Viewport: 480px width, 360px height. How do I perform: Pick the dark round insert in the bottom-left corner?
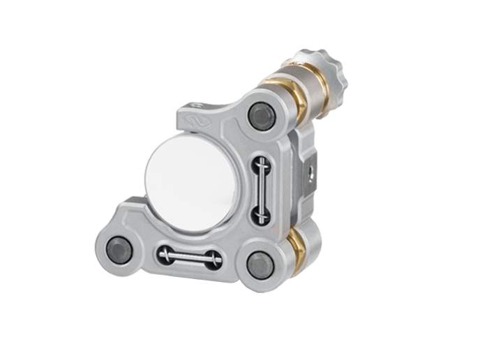click(119, 249)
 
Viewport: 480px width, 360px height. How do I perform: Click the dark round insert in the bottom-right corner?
click(260, 266)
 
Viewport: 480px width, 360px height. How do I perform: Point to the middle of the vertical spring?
click(260, 190)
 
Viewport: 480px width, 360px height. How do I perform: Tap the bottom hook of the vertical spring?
click(261, 218)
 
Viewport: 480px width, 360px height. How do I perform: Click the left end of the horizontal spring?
click(165, 255)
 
